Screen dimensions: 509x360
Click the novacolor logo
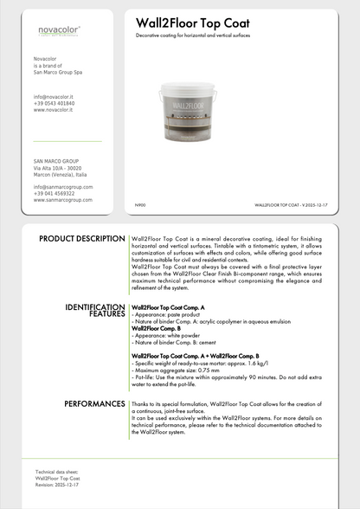60,30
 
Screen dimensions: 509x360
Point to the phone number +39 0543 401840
54,104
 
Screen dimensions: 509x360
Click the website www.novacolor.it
53,111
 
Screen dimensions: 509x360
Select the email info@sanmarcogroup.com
63,187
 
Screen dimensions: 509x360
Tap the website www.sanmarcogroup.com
62,200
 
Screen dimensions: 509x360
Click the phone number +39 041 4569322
54,194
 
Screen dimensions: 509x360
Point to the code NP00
140,204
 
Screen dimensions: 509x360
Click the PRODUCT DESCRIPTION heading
82,238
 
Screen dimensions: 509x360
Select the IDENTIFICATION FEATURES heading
95,311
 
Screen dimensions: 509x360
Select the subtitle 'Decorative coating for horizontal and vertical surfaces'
199,37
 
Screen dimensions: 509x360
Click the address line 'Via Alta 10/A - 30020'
58,168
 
